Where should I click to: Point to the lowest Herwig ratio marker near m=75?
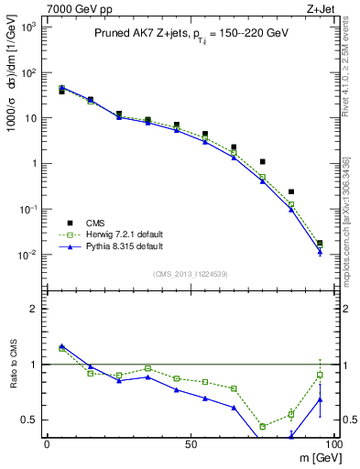pos(263,426)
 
